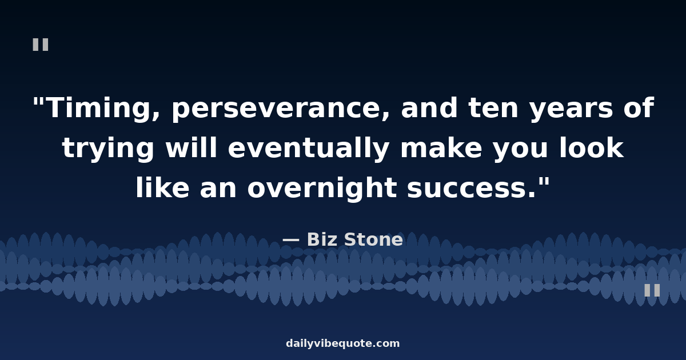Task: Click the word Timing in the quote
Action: click(x=103, y=108)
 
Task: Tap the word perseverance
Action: click(x=281, y=109)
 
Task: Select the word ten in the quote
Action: click(x=493, y=108)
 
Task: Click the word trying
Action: click(x=108, y=149)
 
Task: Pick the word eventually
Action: click(x=309, y=149)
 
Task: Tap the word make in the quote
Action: click(x=441, y=147)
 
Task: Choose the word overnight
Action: click(x=322, y=189)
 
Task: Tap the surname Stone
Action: click(x=373, y=239)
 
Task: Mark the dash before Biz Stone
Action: click(x=290, y=240)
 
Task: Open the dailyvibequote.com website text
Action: click(x=342, y=343)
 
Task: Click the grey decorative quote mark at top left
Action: click(x=41, y=45)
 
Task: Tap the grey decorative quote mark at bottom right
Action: click(x=652, y=290)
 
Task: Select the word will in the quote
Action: click(x=191, y=147)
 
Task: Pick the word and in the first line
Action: click(x=429, y=107)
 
